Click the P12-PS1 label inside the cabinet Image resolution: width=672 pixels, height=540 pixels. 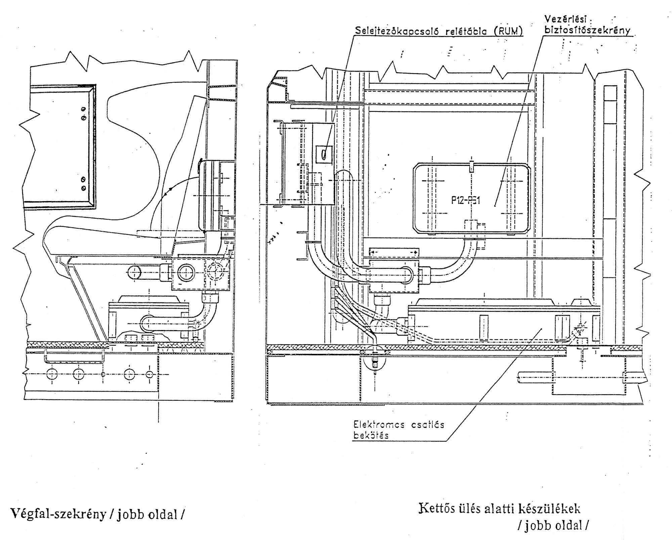tap(466, 200)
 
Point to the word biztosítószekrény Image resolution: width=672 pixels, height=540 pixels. tap(587, 30)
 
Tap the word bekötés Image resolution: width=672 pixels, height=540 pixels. tap(370, 436)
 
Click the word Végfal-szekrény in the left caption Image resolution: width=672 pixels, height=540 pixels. tap(58, 513)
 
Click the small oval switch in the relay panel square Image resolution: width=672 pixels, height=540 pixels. tap(324, 154)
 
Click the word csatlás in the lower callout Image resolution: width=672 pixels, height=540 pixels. tap(427, 424)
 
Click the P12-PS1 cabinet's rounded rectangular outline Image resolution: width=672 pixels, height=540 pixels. tap(414, 198)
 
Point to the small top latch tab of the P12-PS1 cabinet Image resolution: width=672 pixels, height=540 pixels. tap(471, 166)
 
